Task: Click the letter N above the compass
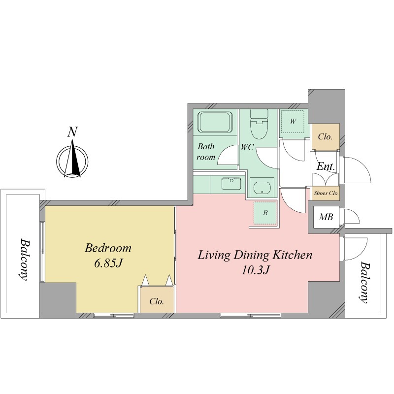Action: (x=72, y=132)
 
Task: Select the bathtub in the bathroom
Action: (x=215, y=122)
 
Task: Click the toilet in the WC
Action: (x=260, y=125)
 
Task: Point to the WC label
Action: (x=247, y=147)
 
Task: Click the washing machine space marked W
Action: (x=293, y=122)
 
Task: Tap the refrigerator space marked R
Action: (x=265, y=213)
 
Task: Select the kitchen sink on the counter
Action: (x=231, y=183)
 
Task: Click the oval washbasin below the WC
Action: (x=262, y=188)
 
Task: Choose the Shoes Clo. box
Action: (x=326, y=193)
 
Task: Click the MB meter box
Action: (x=326, y=217)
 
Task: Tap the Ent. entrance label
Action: (x=326, y=166)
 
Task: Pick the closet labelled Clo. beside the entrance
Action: (x=326, y=137)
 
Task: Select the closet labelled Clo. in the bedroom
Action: (x=157, y=301)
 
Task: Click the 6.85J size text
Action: (x=108, y=263)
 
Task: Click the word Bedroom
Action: (x=108, y=248)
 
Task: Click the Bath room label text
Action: (x=206, y=152)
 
